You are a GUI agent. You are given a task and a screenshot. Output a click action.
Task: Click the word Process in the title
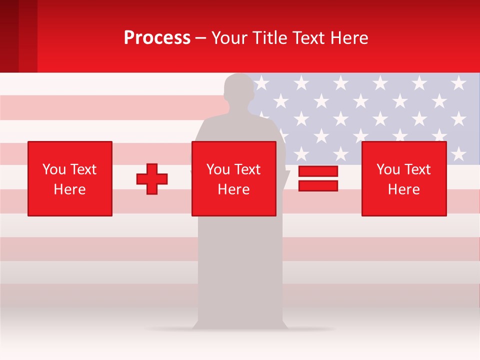[157, 38]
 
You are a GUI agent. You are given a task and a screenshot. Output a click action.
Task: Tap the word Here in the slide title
[349, 38]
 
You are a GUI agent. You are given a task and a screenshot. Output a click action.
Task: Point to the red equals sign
[318, 178]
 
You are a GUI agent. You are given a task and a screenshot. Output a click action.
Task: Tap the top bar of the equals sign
[318, 171]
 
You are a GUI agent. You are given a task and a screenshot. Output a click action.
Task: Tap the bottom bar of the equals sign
[318, 185]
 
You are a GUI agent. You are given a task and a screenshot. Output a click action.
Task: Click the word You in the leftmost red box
[54, 169]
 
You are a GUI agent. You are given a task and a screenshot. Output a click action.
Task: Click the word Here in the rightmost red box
[404, 189]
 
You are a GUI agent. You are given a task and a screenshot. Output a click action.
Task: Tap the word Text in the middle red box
[247, 169]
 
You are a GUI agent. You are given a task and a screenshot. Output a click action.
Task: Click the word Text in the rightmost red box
[417, 169]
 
